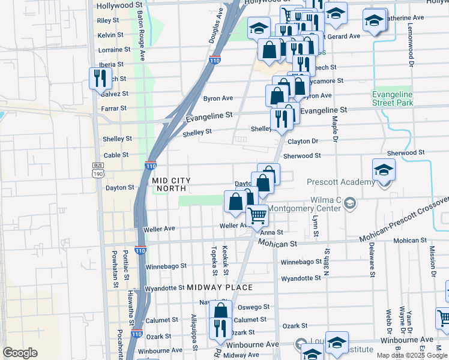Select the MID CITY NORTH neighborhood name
(x=171, y=184)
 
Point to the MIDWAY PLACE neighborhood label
(x=220, y=287)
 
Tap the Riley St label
(x=107, y=20)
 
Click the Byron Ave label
(x=218, y=98)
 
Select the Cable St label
(x=116, y=155)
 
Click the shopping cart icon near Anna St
(x=257, y=215)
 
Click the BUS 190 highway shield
(x=98, y=170)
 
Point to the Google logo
(x=20, y=353)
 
